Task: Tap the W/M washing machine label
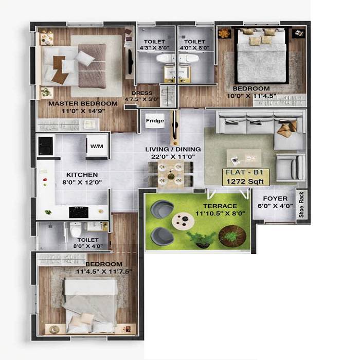97,146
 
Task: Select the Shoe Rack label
302,205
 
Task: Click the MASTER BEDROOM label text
83,103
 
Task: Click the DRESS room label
141,93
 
